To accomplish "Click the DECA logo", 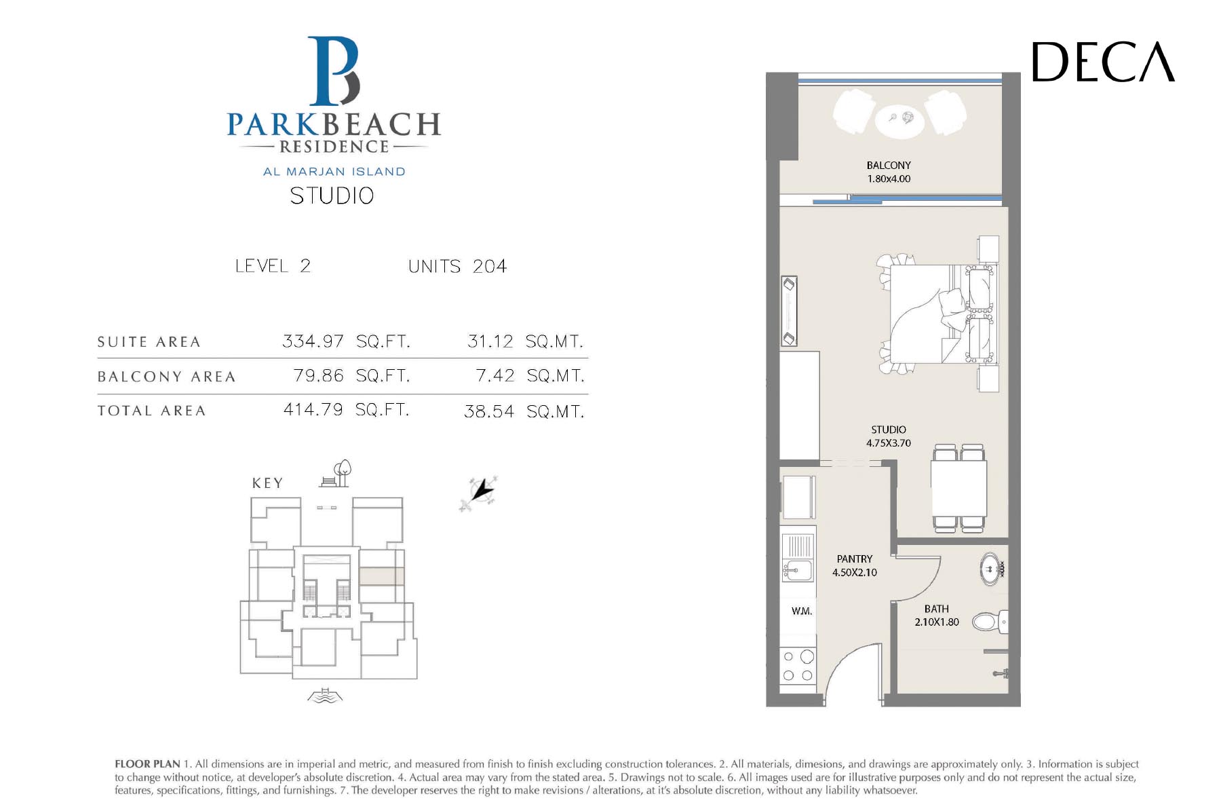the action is pyautogui.click(x=1103, y=62).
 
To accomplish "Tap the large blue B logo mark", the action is pyautogui.click(x=334, y=71).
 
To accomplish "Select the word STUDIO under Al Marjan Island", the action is pyautogui.click(x=332, y=196).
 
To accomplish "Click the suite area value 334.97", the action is pyautogui.click(x=313, y=341).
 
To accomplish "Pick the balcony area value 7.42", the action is pyautogui.click(x=495, y=375).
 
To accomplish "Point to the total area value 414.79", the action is pyautogui.click(x=313, y=410).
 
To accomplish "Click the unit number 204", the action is pyautogui.click(x=490, y=266).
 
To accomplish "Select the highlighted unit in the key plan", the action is pyautogui.click(x=381, y=576).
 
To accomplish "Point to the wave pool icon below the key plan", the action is pyautogui.click(x=326, y=696).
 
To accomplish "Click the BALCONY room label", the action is pyautogui.click(x=889, y=165).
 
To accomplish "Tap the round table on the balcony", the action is pyautogui.click(x=899, y=119).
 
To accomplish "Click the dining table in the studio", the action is pyautogui.click(x=958, y=488).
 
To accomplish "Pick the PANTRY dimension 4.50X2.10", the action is pyautogui.click(x=855, y=572).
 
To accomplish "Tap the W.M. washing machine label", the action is pyautogui.click(x=802, y=611).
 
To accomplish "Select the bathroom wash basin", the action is pyautogui.click(x=991, y=569).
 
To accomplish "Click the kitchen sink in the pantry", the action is pyautogui.click(x=797, y=569).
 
